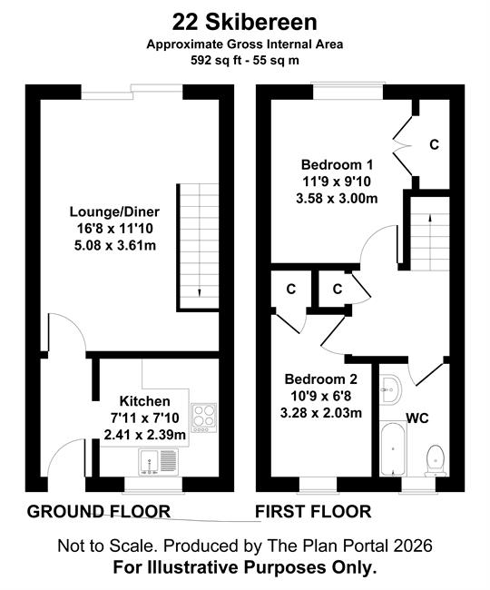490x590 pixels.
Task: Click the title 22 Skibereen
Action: coord(244,23)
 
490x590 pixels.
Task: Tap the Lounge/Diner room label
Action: coord(114,211)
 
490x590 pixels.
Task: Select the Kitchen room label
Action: coord(145,401)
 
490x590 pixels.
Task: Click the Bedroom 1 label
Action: coord(337,165)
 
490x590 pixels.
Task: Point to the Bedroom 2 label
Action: coord(321,379)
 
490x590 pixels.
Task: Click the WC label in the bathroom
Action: coord(417,418)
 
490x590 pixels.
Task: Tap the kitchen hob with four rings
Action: coord(204,418)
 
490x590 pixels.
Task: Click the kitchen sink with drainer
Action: coord(158,462)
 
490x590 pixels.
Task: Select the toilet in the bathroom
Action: coord(436,461)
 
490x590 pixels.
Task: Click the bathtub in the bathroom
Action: coord(393,449)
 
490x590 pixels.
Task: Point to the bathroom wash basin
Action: coord(390,389)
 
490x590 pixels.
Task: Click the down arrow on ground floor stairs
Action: coord(199,292)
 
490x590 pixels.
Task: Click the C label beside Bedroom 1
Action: coord(435,144)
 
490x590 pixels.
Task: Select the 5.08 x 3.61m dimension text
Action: coord(115,246)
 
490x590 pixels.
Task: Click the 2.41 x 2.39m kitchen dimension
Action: coord(145,435)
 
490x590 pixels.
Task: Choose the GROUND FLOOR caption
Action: coord(99,512)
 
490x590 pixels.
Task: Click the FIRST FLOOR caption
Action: coord(313,512)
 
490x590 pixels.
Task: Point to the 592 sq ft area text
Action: coord(216,60)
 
